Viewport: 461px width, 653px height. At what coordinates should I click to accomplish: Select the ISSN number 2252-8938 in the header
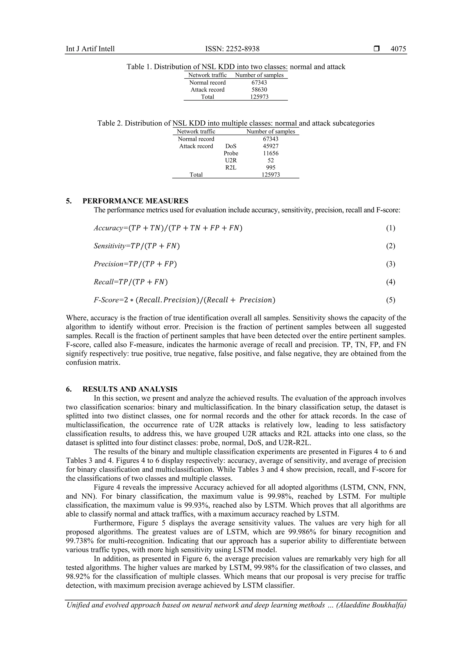pyautogui.click(x=242, y=49)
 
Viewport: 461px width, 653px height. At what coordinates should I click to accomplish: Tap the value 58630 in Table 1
pyautogui.click(x=259, y=89)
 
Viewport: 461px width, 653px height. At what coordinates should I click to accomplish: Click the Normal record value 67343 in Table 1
pyautogui.click(x=259, y=82)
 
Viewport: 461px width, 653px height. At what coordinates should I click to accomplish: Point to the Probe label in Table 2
pyautogui.click(x=231, y=153)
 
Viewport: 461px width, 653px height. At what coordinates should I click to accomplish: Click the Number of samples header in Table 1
pyautogui.click(x=259, y=75)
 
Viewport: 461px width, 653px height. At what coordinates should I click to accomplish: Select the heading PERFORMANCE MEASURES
pyautogui.click(x=135, y=201)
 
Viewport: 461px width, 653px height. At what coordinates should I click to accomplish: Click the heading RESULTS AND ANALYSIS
pyautogui.click(x=130, y=389)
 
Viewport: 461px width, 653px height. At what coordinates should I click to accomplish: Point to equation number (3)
pyautogui.click(x=390, y=264)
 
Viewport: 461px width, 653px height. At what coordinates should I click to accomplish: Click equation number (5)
pyautogui.click(x=390, y=300)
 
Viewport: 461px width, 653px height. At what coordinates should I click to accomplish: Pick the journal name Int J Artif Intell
pyautogui.click(x=90, y=49)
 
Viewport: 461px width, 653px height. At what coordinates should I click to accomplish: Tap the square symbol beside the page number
pyautogui.click(x=377, y=49)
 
